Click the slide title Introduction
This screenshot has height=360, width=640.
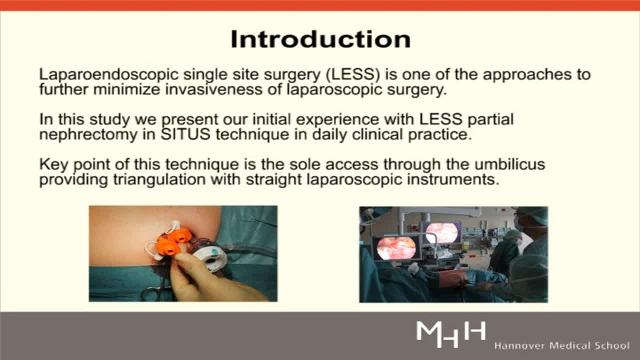[320, 39]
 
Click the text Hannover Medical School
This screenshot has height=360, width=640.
[561, 345]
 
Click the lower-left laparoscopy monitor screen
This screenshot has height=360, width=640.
[395, 248]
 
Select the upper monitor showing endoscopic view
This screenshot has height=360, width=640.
[441, 232]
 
